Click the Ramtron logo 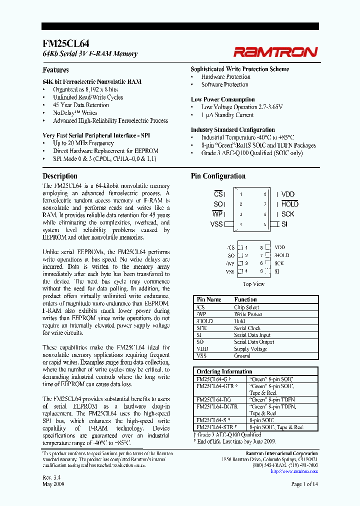[x=275, y=51]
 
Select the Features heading [x=55, y=70]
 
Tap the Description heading [x=60, y=176]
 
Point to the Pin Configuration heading [x=218, y=176]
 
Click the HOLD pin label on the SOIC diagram [x=289, y=204]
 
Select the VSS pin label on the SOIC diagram [x=216, y=224]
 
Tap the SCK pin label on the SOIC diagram [x=287, y=214]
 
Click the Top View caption [x=253, y=284]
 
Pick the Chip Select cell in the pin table [x=246, y=307]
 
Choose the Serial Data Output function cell [x=254, y=342]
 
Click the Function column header [x=245, y=299]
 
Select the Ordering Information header [x=224, y=371]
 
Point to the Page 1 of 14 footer [x=304, y=483]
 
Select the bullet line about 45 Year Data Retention [x=80, y=105]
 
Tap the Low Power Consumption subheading [x=222, y=99]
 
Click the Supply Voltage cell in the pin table [x=250, y=349]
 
